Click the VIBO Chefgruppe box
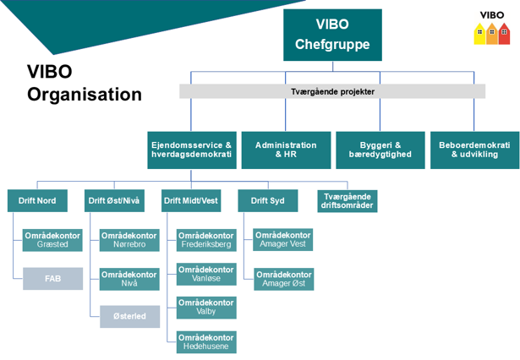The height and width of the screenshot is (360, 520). click(320, 35)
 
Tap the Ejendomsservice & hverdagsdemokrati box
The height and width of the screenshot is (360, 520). click(190, 150)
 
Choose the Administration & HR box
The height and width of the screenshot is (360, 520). click(286, 150)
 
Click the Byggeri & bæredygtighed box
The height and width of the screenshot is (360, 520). click(380, 150)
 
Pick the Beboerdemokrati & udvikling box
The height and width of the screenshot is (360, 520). click(474, 150)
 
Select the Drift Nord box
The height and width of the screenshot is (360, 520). click(37, 200)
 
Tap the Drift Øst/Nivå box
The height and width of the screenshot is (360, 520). click(115, 200)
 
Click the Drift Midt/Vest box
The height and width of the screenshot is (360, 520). click(191, 200)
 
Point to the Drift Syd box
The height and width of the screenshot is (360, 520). click(261, 200)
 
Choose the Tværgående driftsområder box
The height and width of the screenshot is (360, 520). click(347, 200)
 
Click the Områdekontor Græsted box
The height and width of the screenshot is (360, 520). click(52, 240)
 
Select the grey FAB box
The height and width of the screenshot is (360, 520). click(52, 278)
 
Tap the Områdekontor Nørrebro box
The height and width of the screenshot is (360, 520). click(129, 240)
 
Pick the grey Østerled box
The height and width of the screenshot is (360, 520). click(129, 317)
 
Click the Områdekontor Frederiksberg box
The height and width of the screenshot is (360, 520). click(206, 240)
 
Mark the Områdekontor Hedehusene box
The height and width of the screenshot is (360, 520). click(206, 341)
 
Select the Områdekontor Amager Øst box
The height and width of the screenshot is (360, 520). click(283, 279)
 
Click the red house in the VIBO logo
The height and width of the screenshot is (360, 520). click(504, 34)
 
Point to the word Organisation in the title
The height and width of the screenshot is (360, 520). click(85, 95)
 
